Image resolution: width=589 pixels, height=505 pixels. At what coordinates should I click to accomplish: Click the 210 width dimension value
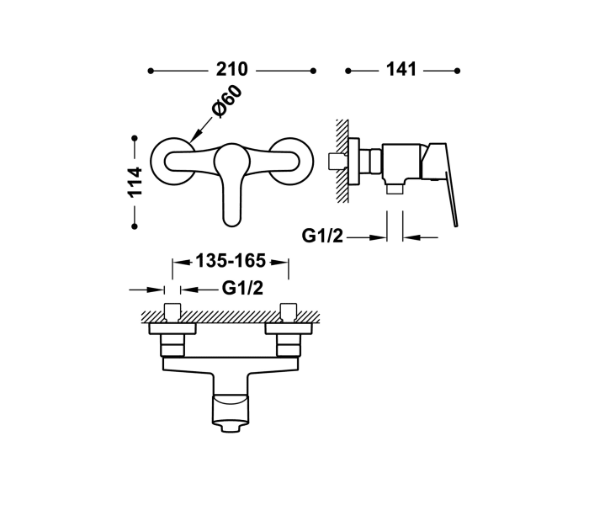click(x=231, y=70)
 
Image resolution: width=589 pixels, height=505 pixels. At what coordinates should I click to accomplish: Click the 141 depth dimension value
click(x=401, y=70)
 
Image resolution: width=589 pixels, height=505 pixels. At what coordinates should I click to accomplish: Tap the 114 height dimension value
click(x=135, y=183)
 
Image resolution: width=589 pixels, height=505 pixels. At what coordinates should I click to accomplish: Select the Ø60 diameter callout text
click(x=226, y=102)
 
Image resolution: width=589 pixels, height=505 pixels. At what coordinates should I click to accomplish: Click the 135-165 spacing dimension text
click(x=231, y=261)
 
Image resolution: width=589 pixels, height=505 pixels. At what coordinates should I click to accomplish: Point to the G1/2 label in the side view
click(x=322, y=236)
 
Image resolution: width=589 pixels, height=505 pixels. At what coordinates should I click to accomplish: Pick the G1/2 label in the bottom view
click(x=242, y=288)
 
